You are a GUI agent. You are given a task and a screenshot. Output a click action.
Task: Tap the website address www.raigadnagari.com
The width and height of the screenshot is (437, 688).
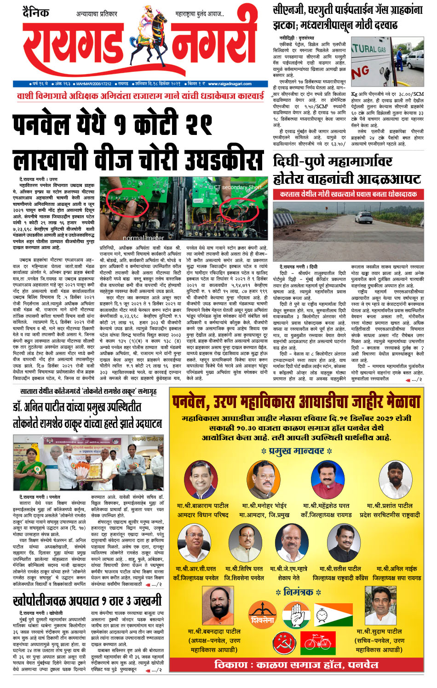coord(229,84)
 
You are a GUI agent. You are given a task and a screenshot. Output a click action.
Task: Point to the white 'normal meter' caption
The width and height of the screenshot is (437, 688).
coord(143,238)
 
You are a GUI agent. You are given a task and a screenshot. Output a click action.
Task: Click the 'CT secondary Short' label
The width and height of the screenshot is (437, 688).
coord(237,187)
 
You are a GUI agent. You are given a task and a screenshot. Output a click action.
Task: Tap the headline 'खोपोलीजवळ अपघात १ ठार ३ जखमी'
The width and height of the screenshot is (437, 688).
coord(87,601)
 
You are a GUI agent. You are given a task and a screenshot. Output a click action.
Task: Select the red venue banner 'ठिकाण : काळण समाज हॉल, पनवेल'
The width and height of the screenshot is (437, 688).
coord(296,665)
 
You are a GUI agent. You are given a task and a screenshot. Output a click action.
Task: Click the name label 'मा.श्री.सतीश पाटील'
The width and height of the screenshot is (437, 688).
coord(340,569)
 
